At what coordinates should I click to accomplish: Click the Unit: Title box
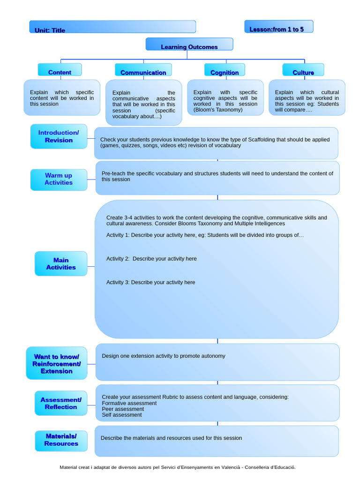coord(112,27)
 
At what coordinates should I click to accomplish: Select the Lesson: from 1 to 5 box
coord(278,27)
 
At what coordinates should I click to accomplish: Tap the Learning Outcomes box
coord(189,45)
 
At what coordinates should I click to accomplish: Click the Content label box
coord(60,70)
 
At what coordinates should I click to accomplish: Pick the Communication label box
coord(143,70)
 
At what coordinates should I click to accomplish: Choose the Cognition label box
coord(225,70)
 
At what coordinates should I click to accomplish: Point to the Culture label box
coord(303,70)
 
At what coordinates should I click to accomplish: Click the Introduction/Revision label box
coord(59,136)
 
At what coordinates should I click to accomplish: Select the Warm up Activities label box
coord(59,180)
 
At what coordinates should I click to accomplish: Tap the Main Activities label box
coord(61,264)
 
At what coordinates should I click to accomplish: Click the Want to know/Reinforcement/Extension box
coord(57,364)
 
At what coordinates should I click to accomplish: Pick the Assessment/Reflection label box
coord(61,403)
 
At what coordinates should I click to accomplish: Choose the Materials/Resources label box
coord(61,440)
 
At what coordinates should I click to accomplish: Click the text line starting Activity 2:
coord(151,259)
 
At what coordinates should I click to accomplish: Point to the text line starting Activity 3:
coord(150,282)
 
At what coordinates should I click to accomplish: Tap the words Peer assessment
coord(123,409)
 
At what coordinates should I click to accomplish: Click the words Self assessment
coord(122,415)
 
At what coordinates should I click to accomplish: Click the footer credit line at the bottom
coord(178,467)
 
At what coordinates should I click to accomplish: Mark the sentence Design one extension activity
coord(164,356)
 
